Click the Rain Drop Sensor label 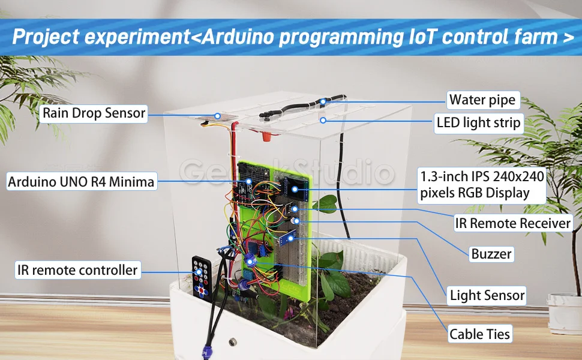(94, 113)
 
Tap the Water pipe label (482, 100)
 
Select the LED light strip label (478, 125)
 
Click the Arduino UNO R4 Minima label (81, 182)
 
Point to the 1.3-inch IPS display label (482, 185)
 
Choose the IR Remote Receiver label (512, 223)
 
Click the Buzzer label (491, 254)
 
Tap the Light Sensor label (487, 295)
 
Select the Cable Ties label (480, 334)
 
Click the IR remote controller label (77, 270)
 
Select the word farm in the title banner (530, 37)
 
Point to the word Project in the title (44, 37)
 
